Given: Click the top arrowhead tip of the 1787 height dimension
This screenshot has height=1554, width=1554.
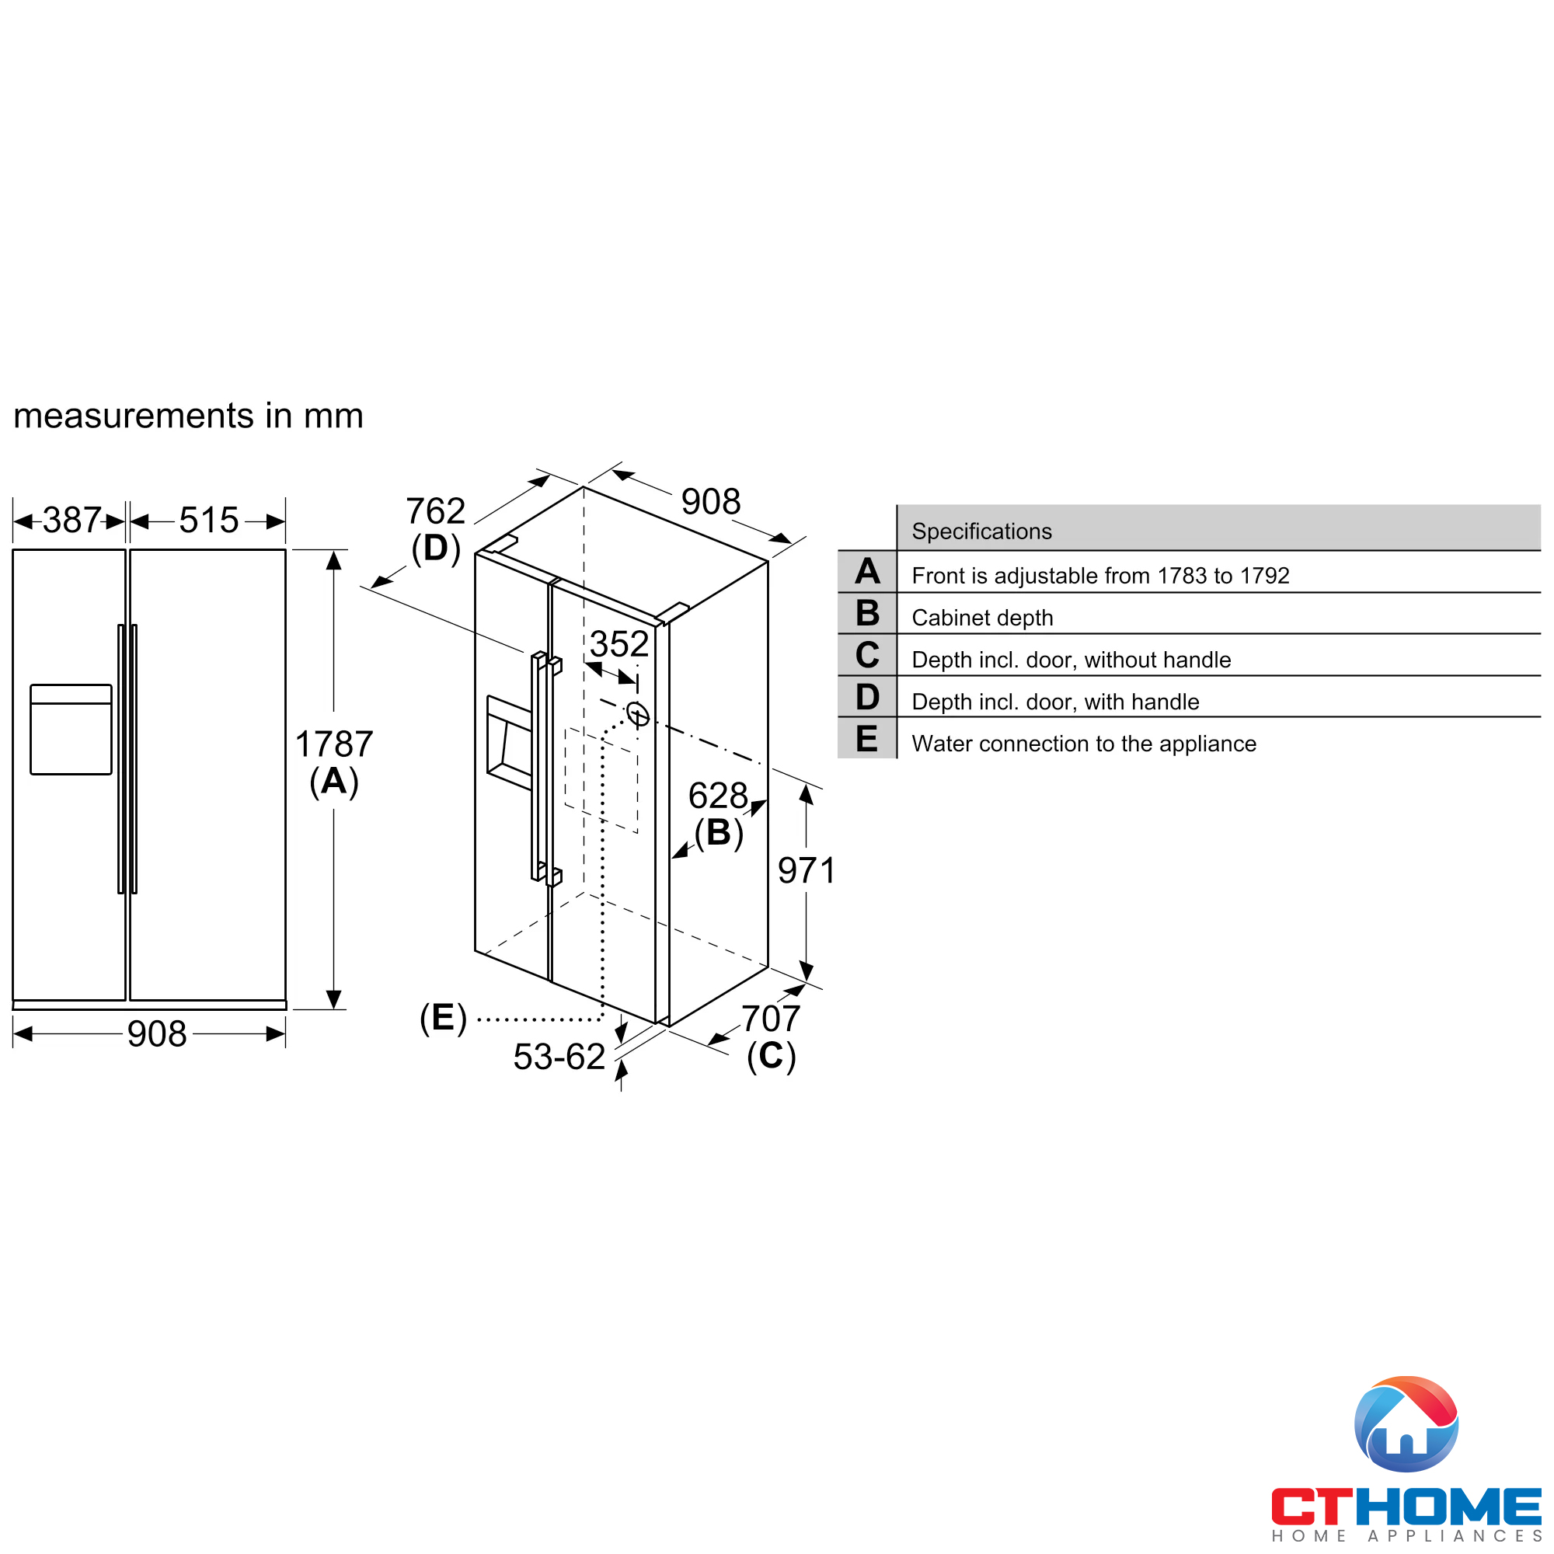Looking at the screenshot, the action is [334, 550].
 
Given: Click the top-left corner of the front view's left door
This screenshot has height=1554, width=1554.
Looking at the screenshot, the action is [13, 550].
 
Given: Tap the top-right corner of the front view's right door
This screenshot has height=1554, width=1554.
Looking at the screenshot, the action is [285, 550].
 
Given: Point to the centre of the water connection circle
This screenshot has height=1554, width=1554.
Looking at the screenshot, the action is [638, 713].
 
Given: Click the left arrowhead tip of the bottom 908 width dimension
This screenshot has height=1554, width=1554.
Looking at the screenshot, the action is [14, 1033].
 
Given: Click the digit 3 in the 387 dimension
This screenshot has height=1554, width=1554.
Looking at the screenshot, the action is [51, 521].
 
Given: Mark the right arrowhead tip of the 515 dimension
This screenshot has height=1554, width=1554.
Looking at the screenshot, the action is [285, 521].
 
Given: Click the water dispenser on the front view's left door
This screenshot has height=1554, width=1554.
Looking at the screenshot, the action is [71, 730].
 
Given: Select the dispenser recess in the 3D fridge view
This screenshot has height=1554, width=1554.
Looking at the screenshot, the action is [509, 744].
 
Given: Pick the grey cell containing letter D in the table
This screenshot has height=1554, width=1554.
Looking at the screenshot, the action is [867, 696].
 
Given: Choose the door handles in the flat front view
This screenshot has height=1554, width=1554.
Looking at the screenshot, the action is [128, 758].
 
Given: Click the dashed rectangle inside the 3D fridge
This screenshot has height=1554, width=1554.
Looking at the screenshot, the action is [601, 780].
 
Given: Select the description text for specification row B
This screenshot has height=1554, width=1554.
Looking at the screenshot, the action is [982, 618].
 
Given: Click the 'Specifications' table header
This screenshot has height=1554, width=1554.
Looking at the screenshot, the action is [981, 531].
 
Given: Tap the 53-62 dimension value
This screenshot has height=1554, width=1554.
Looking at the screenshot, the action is [559, 1057].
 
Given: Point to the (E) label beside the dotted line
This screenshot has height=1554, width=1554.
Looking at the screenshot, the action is [443, 1018].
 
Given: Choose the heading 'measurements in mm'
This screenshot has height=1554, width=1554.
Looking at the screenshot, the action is [188, 416].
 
